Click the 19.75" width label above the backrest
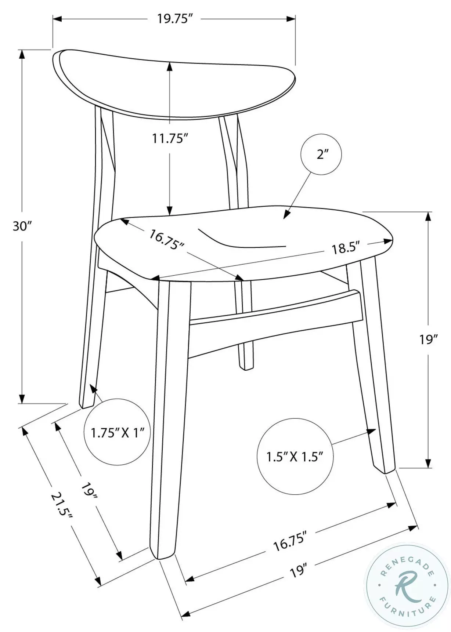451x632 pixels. click(x=175, y=18)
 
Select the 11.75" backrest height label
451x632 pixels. click(x=170, y=138)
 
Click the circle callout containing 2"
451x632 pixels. click(x=321, y=155)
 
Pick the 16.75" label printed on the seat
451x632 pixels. click(x=166, y=239)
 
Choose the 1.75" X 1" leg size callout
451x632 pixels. click(x=118, y=432)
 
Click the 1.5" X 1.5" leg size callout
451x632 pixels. click(x=295, y=456)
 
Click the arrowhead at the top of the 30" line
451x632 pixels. click(x=22, y=54)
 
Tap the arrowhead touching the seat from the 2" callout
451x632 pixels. click(x=287, y=215)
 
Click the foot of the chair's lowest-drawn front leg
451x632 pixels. click(x=163, y=553)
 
